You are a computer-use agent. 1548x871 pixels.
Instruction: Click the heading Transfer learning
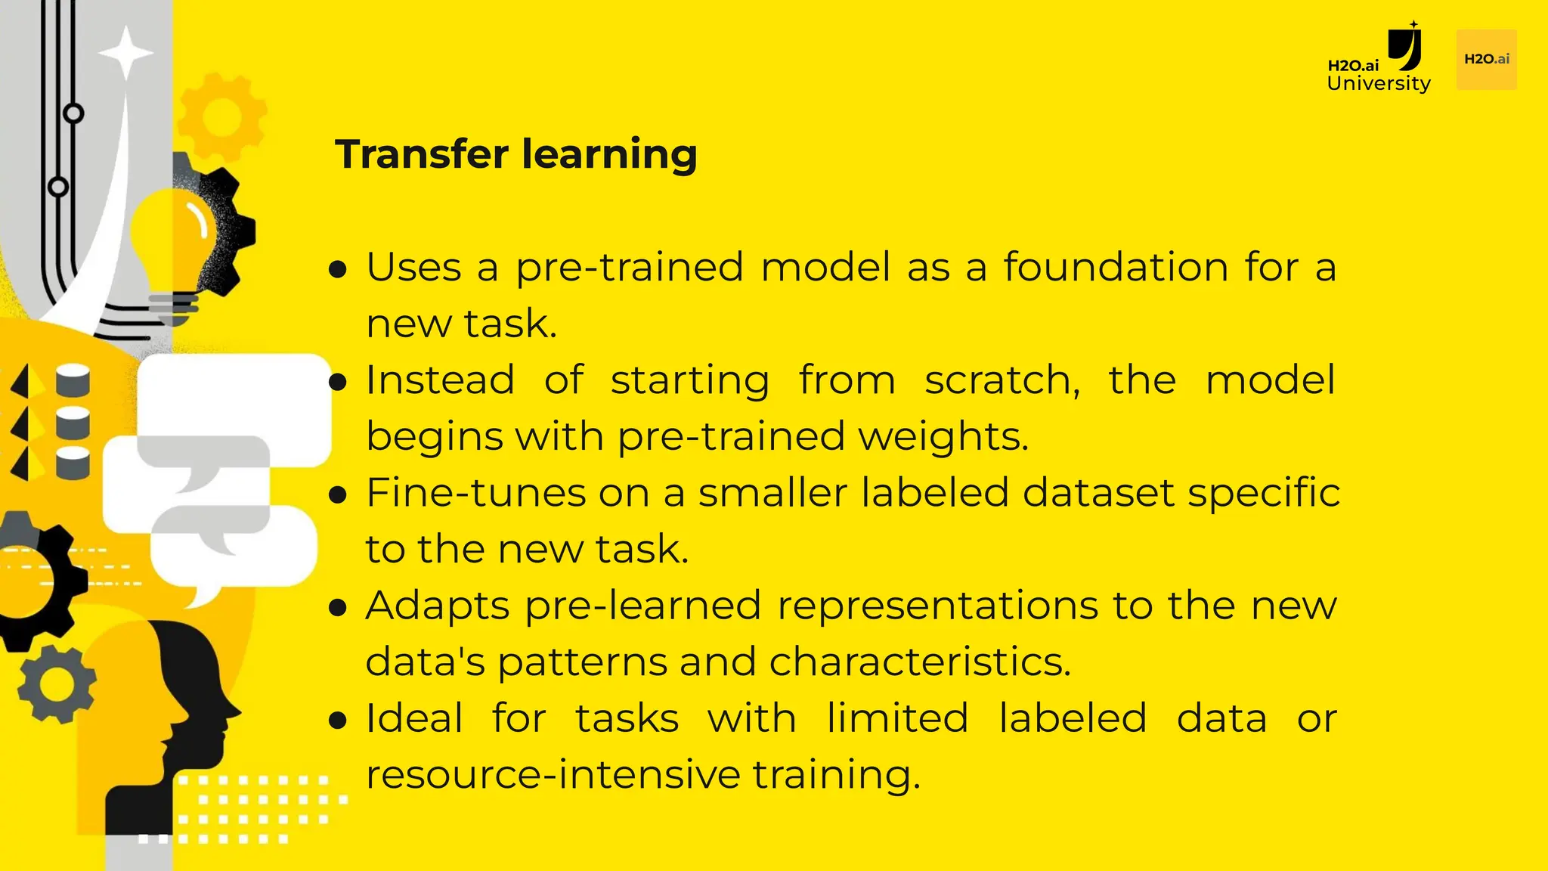[516, 154]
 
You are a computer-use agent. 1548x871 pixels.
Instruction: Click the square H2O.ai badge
[1486, 60]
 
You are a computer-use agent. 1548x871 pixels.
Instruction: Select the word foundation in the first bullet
[1116, 268]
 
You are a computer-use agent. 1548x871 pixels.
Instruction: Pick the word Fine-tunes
[476, 493]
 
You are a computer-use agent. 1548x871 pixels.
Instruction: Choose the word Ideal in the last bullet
[414, 718]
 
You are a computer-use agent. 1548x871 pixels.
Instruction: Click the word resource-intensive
[553, 775]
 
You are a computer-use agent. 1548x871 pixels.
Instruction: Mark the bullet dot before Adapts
[339, 607]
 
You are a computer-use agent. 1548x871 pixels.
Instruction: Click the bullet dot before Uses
[339, 269]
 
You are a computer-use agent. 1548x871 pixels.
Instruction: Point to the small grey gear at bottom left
[57, 685]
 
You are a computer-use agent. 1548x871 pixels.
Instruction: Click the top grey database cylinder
[73, 380]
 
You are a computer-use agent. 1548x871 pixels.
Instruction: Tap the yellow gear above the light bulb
[221, 116]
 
